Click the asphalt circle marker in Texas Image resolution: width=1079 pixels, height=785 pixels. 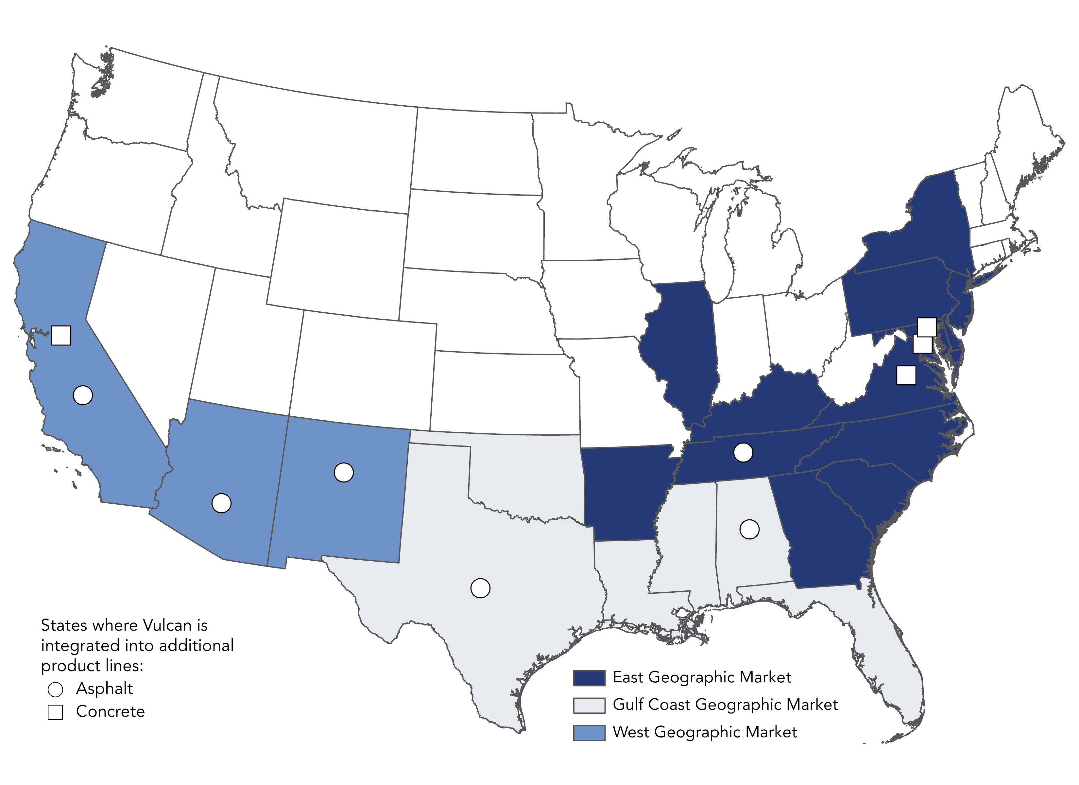pyautogui.click(x=480, y=588)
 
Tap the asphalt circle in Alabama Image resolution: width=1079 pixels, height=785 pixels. pyautogui.click(x=749, y=529)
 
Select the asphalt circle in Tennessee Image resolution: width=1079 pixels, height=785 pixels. pyautogui.click(x=743, y=452)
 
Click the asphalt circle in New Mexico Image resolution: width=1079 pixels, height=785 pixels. pyautogui.click(x=344, y=472)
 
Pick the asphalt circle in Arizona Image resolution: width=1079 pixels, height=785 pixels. pyautogui.click(x=221, y=503)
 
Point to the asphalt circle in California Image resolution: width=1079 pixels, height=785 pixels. pyautogui.click(x=83, y=395)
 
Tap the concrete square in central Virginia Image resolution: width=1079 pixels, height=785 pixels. pyautogui.click(x=906, y=375)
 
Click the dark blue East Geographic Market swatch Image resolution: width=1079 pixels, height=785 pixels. pyautogui.click(x=589, y=678)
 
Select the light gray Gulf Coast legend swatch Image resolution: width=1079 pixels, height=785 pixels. pyautogui.click(x=589, y=706)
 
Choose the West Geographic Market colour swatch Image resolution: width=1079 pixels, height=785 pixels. pyautogui.click(x=589, y=733)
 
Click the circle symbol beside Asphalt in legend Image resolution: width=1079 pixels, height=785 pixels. pyautogui.click(x=55, y=689)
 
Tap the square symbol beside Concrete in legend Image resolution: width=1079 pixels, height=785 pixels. pyautogui.click(x=55, y=712)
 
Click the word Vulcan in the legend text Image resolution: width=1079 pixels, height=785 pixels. pyautogui.click(x=166, y=625)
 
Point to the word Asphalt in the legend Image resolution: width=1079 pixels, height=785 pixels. pyautogui.click(x=104, y=689)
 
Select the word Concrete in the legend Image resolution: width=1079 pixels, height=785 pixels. pyautogui.click(x=111, y=711)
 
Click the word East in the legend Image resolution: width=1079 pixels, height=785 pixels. pyautogui.click(x=628, y=677)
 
